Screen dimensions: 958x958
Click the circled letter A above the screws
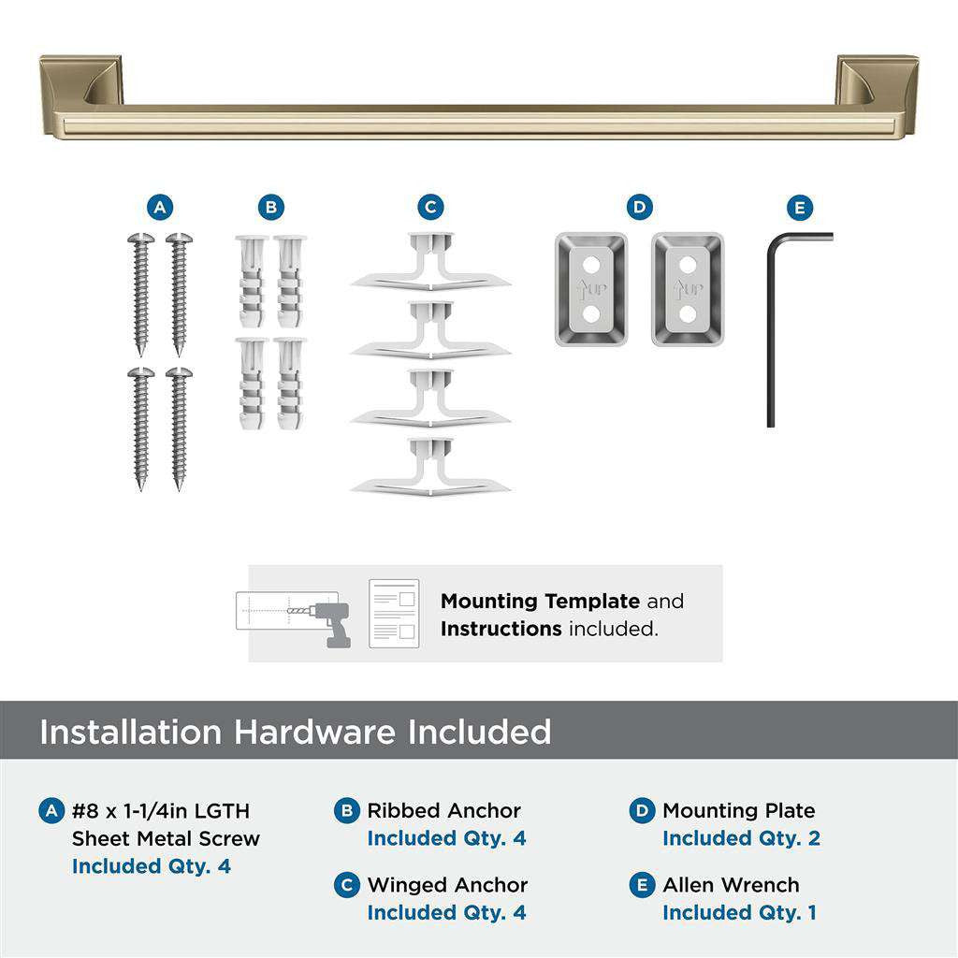coord(160,208)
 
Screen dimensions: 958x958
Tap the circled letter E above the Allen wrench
coord(801,208)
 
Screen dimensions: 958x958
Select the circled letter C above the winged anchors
coord(430,208)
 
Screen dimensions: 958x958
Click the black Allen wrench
coord(773,327)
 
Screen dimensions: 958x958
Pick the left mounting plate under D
coord(590,289)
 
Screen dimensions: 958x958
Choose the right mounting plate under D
coord(688,289)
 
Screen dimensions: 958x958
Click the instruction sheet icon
coord(394,614)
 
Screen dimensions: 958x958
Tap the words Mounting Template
coord(540,602)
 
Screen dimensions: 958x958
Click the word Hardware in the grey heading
coord(314,732)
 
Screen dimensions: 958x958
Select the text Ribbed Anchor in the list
coord(443,811)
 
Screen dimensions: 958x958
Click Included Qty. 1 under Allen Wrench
coord(739,912)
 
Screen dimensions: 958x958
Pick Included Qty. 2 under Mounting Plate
coord(741,838)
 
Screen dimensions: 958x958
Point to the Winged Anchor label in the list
coord(447,885)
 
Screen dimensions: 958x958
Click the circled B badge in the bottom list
coord(347,811)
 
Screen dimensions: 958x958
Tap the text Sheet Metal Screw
coord(166,838)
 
